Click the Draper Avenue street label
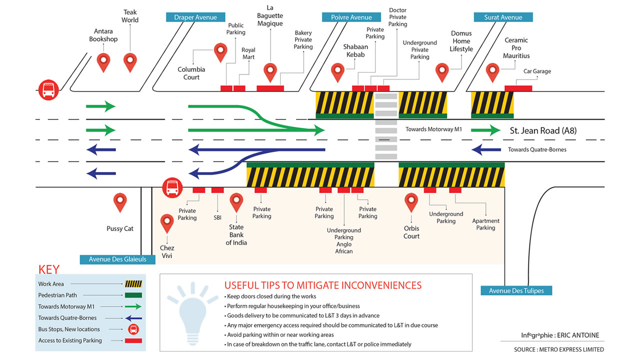tap(195, 17)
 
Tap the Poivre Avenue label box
tap(351, 17)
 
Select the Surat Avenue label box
tap(503, 17)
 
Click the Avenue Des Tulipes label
tap(516, 290)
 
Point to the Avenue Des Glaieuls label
tap(117, 259)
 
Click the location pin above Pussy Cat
tap(120, 202)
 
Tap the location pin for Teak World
tap(130, 62)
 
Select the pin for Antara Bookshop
tap(103, 62)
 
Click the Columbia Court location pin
tap(220, 52)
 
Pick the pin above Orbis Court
tap(411, 202)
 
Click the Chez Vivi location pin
tap(167, 223)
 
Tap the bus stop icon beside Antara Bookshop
tap(48, 90)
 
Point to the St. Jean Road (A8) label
tap(543, 131)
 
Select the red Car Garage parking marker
tap(518, 88)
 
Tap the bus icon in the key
tap(133, 329)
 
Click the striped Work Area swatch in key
tap(132, 284)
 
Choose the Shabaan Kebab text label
tap(355, 51)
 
